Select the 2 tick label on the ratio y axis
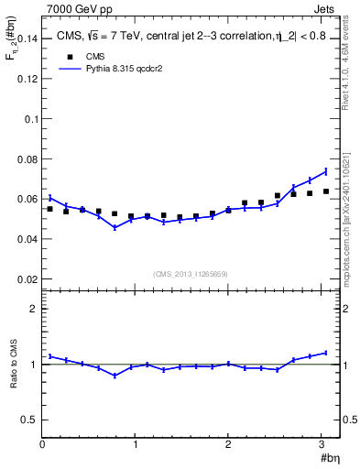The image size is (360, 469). [x=34, y=309]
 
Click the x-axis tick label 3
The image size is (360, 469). [x=322, y=445]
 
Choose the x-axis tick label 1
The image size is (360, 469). [x=136, y=445]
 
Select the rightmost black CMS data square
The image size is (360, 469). [x=326, y=191]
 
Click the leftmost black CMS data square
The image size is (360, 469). [x=50, y=209]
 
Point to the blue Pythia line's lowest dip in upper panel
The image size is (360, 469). [x=115, y=227]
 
